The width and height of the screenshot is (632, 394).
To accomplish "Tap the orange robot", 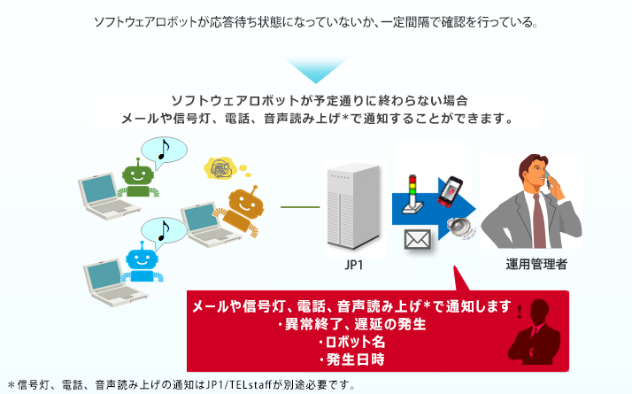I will click(242, 207).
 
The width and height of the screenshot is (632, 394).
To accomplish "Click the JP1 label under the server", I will click(355, 265).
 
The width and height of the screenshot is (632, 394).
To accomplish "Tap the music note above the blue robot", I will click(162, 231).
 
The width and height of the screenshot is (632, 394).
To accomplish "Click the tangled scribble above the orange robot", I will click(220, 167).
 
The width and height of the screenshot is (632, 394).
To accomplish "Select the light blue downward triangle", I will click(315, 72).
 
